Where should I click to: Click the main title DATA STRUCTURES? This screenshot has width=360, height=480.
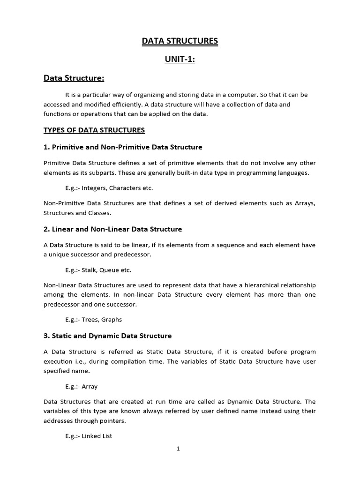click(x=180, y=41)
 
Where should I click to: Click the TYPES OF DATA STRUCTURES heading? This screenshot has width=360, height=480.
click(x=94, y=130)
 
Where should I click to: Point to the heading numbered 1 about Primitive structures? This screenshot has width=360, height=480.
click(x=123, y=147)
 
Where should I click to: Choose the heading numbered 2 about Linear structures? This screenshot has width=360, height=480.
click(x=112, y=229)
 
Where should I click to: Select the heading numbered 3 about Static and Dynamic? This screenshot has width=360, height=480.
click(x=107, y=336)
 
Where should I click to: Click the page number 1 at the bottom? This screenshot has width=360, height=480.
click(x=178, y=449)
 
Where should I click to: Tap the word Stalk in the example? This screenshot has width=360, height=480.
click(x=90, y=270)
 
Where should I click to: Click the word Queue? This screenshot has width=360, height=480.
click(x=111, y=270)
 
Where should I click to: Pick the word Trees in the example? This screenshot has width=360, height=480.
click(x=90, y=320)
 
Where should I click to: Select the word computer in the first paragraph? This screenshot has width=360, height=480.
click(x=241, y=95)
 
